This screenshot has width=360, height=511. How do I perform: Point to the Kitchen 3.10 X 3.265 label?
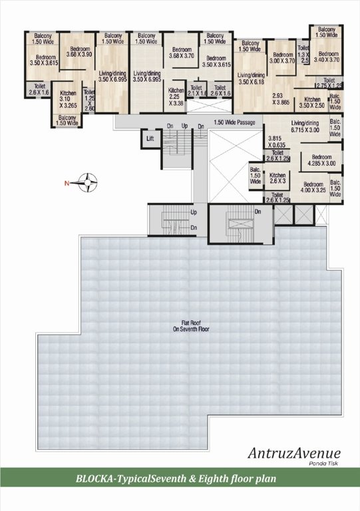(69, 98)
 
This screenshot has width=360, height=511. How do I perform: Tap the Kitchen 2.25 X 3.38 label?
(176, 97)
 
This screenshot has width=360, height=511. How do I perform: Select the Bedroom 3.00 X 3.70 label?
(283, 58)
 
